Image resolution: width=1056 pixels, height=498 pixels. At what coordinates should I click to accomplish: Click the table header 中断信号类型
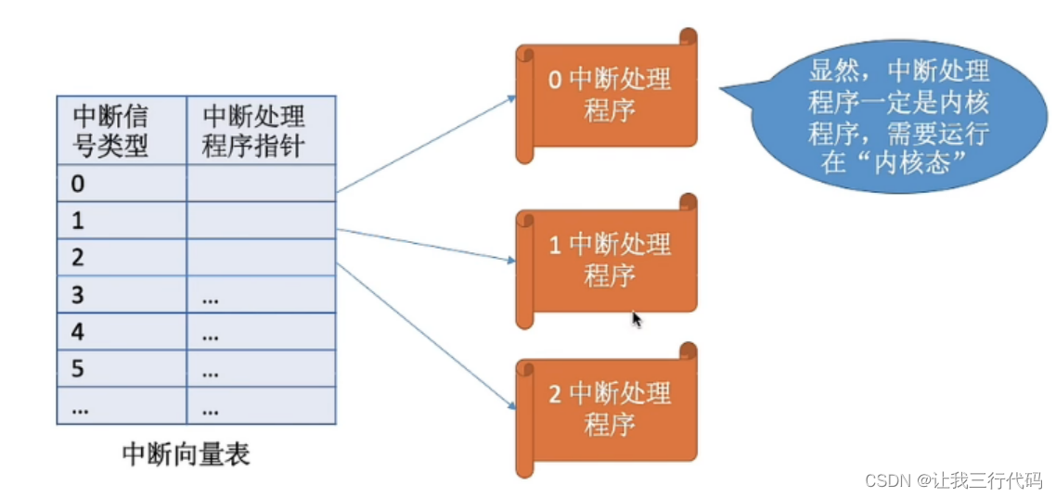pyautogui.click(x=111, y=131)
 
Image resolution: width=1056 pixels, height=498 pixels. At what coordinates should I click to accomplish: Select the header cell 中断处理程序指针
pyautogui.click(x=253, y=131)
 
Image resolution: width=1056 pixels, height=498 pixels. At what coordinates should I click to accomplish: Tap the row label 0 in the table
pyautogui.click(x=79, y=184)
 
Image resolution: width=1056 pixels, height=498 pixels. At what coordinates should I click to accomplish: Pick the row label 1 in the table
pyautogui.click(x=79, y=221)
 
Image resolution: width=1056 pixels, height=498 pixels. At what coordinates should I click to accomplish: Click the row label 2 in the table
pyautogui.click(x=79, y=258)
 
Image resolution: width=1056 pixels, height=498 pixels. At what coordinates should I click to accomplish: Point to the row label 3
pyautogui.click(x=79, y=295)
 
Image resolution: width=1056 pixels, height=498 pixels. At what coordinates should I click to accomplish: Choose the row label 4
pyautogui.click(x=79, y=332)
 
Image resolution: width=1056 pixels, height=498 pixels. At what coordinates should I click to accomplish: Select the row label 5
pyautogui.click(x=79, y=369)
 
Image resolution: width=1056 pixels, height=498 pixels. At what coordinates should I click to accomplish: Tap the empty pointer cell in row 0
pyautogui.click(x=261, y=184)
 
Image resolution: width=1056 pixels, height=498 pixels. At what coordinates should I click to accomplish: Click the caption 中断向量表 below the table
pyautogui.click(x=187, y=454)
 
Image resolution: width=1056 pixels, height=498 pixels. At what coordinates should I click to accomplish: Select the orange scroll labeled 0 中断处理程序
pyautogui.click(x=609, y=96)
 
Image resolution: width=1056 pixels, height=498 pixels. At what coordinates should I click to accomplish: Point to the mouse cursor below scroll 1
pyautogui.click(x=637, y=318)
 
